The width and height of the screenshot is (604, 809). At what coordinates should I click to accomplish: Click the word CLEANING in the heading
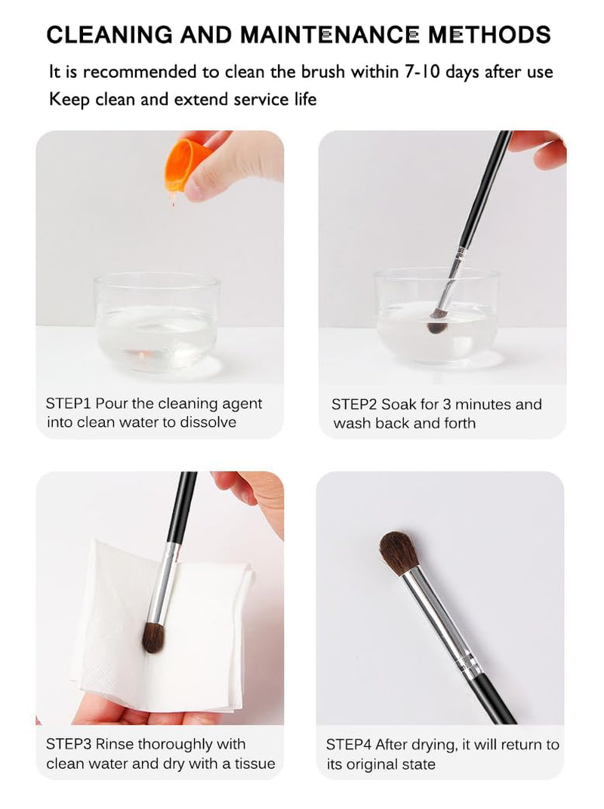tap(109, 35)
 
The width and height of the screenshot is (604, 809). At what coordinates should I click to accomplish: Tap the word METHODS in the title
tap(489, 35)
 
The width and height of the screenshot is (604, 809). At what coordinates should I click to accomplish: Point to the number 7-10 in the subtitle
tap(422, 72)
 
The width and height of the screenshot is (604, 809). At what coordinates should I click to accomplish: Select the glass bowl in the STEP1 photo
tap(157, 323)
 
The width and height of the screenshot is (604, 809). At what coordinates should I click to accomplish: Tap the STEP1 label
tap(69, 403)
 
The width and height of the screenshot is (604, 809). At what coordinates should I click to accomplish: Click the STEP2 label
tap(354, 405)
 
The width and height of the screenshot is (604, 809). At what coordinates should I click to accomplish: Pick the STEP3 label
tap(69, 744)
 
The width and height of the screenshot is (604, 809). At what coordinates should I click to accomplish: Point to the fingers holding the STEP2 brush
tap(538, 149)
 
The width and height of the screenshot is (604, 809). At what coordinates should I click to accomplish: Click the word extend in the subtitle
tap(202, 99)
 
